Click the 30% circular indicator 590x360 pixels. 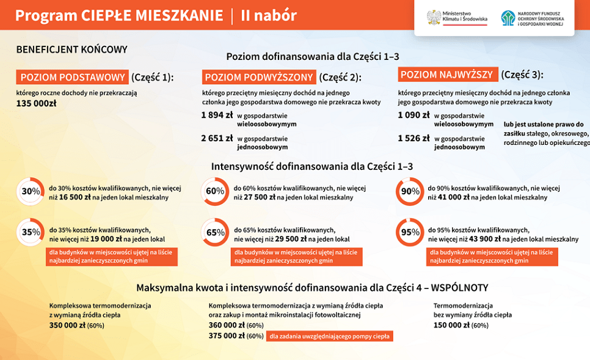pyautogui.click(x=31, y=191)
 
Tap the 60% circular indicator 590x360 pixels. pyautogui.click(x=215, y=191)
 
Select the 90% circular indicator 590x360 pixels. pyautogui.click(x=410, y=191)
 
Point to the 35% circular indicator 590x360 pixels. pyautogui.click(x=31, y=232)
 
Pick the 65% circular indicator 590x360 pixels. pyautogui.click(x=215, y=232)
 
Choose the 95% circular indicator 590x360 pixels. pyautogui.click(x=410, y=232)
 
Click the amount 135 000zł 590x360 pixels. pyautogui.click(x=36, y=103)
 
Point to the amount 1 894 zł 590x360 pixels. pyautogui.click(x=217, y=115)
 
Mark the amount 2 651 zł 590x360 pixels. pyautogui.click(x=217, y=138)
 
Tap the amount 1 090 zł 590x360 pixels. pyautogui.click(x=413, y=115)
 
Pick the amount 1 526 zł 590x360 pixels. pyautogui.click(x=413, y=138)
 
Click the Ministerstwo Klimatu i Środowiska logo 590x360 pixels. pyautogui.click(x=457, y=18)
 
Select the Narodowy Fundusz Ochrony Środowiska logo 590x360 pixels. pyautogui.click(x=532, y=18)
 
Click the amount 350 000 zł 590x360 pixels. pyautogui.click(x=67, y=325)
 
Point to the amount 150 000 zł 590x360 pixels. pyautogui.click(x=451, y=325)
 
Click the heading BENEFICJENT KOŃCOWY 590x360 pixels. pyautogui.click(x=71, y=50)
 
